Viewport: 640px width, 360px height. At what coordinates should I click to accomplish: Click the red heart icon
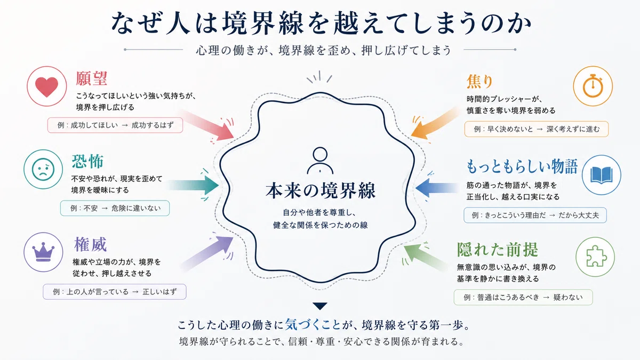pos(46,87)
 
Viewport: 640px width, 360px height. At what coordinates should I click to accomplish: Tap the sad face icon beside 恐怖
pos(43,169)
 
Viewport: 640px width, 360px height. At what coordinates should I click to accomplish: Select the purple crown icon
pos(43,252)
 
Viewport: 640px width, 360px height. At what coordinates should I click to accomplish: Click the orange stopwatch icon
pos(593,86)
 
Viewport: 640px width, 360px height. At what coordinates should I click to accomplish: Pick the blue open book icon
pos(602,175)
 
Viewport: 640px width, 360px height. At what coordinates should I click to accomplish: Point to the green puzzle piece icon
pos(595,257)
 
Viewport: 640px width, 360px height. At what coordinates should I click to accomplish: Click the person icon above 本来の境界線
pos(320,161)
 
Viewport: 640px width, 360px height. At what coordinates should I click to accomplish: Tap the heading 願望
pos(91,78)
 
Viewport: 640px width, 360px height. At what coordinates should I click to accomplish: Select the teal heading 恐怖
pos(87,162)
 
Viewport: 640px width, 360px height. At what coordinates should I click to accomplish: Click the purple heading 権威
pos(90,245)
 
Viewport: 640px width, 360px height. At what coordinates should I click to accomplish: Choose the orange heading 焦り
pos(479,82)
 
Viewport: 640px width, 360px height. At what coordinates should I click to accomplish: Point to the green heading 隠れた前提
pos(498,250)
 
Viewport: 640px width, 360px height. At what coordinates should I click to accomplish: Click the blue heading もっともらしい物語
pos(522,166)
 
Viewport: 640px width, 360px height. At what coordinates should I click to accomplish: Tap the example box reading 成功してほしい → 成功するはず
pos(115,125)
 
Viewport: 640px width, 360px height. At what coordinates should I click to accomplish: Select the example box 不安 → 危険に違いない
pos(115,208)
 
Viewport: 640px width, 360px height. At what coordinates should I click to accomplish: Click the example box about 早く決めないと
pos(537,129)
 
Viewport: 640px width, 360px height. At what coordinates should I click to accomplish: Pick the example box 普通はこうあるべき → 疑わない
pos(523,298)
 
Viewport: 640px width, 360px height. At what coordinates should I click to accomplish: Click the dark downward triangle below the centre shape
pos(320,306)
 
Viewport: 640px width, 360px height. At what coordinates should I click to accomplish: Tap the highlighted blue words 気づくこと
pos(313,325)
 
